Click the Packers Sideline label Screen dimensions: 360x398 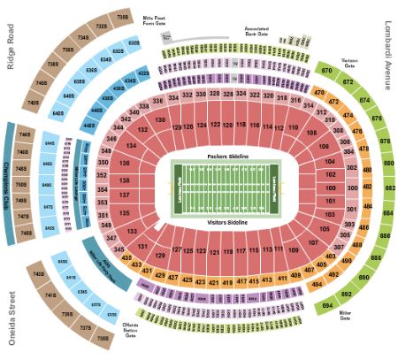pos(228,156)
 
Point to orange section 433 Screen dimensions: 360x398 pos(136,264)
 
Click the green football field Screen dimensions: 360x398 pos(228,188)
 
